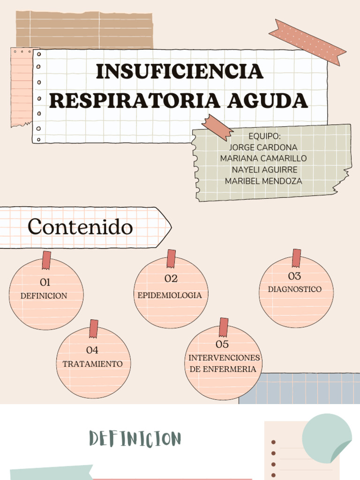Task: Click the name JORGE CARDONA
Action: pos(263,147)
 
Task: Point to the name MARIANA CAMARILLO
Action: pos(263,158)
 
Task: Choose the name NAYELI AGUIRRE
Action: pos(264,170)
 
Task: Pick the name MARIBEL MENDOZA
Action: pos(263,181)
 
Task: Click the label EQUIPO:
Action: pos(264,136)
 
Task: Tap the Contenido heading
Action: pos(80,227)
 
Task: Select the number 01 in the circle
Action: pos(45,282)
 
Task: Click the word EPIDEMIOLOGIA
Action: pos(170,295)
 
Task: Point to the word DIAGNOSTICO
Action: pos(295,289)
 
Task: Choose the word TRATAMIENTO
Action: pos(93,364)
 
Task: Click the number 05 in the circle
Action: pos(222,345)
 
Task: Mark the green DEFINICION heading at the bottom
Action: pos(135,439)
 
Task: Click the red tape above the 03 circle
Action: pos(296,258)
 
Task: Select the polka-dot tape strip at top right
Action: pos(307,42)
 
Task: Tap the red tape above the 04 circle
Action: pos(94,328)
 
